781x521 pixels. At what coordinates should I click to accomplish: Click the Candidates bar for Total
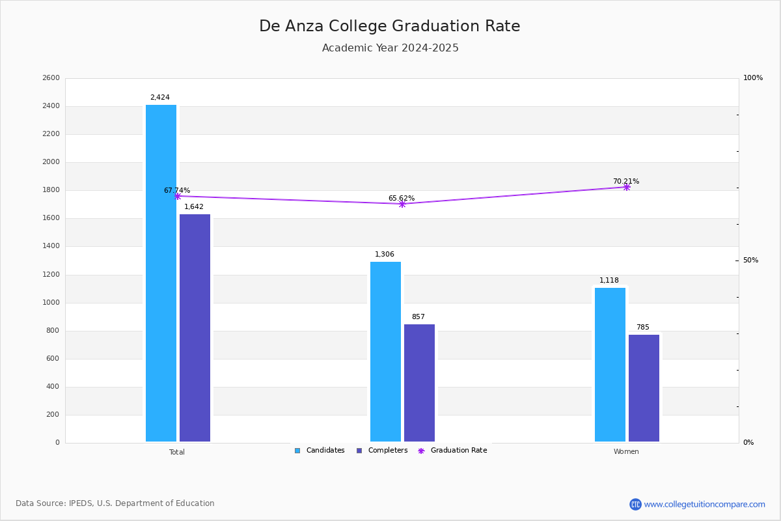pos(161,274)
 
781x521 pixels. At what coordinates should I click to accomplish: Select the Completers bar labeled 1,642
pos(195,328)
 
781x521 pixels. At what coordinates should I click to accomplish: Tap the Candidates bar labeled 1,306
pos(385,352)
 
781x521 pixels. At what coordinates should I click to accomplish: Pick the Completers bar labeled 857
pos(419,383)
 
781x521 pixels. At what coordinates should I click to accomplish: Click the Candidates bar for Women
pos(610,365)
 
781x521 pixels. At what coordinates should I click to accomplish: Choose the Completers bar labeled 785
pos(644,388)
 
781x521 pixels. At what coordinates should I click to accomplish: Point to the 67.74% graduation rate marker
pos(178,196)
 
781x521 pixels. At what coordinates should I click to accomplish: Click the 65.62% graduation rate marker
pos(402,204)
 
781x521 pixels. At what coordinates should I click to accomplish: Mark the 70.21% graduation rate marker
pos(627,188)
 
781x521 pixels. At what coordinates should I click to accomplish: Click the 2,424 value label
pos(160,97)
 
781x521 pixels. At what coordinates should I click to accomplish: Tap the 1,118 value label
pos(609,280)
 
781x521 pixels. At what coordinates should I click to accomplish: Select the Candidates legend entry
pos(320,451)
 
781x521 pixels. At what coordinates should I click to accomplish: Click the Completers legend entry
pos(382,451)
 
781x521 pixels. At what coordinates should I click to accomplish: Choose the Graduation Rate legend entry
pos(452,451)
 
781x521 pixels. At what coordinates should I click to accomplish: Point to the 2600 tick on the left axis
pos(51,77)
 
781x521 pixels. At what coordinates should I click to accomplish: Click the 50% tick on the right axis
pos(750,260)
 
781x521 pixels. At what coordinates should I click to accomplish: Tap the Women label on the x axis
pos(626,451)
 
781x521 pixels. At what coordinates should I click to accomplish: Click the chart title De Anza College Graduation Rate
pos(390,26)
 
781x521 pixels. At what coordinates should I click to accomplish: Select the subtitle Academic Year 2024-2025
pos(390,48)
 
